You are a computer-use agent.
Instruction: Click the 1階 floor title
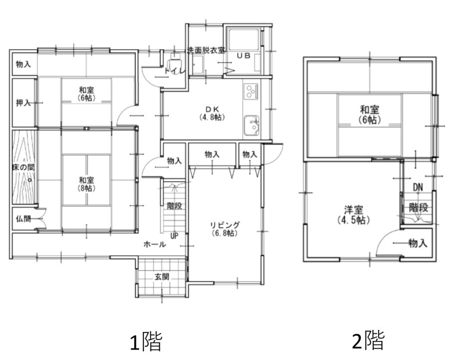tap(146, 342)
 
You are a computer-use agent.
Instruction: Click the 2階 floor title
tap(368, 340)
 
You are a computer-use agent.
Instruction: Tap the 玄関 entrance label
tap(162, 277)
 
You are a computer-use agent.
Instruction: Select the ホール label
tap(154, 244)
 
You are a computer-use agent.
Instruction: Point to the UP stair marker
tap(174, 236)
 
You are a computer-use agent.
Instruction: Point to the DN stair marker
tap(418, 187)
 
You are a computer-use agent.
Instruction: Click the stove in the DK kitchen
tap(251, 91)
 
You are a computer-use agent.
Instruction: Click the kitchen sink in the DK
tap(252, 125)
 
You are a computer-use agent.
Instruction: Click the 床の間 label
tap(23, 167)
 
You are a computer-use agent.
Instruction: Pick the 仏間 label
tap(23, 219)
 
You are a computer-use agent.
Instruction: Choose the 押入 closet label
tap(23, 103)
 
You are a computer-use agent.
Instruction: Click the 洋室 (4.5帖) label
tap(354, 215)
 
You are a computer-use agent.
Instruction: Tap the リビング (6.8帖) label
tap(225, 229)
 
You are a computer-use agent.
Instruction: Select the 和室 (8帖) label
tap(87, 184)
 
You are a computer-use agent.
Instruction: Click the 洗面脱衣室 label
tap(206, 51)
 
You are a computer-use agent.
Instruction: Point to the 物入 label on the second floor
tap(418, 243)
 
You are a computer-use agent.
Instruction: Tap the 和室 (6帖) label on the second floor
tap(369, 115)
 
